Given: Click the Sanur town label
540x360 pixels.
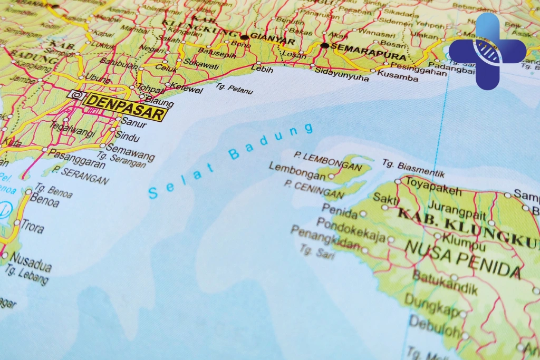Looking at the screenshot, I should [x=133, y=124].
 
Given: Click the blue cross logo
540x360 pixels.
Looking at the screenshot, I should [x=487, y=51].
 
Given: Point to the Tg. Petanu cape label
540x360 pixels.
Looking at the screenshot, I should [x=234, y=89].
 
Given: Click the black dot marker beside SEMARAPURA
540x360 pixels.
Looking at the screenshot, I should [x=324, y=46].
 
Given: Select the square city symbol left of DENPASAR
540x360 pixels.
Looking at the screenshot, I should [x=75, y=95].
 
